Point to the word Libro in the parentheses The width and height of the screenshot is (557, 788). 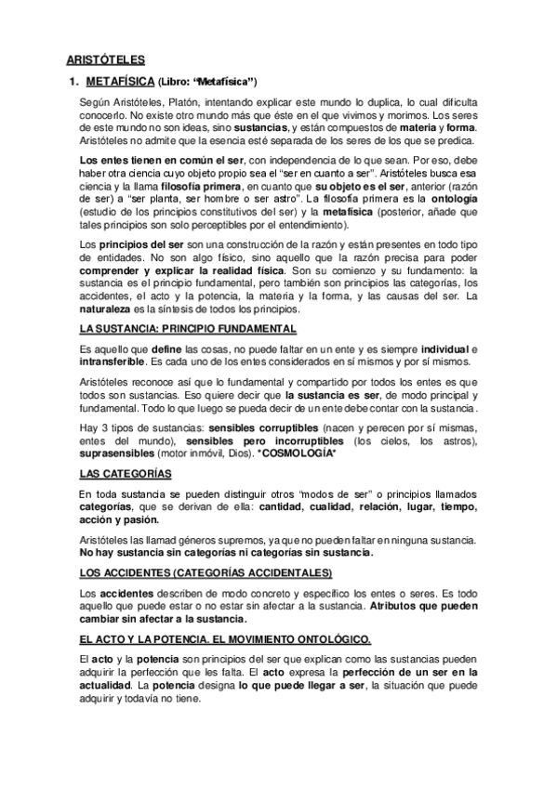click(x=179, y=81)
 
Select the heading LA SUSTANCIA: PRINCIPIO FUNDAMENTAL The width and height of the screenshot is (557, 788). click(x=189, y=330)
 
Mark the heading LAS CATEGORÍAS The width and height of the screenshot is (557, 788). click(x=126, y=473)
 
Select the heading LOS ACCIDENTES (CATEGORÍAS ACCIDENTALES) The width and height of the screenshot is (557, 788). click(x=206, y=571)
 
